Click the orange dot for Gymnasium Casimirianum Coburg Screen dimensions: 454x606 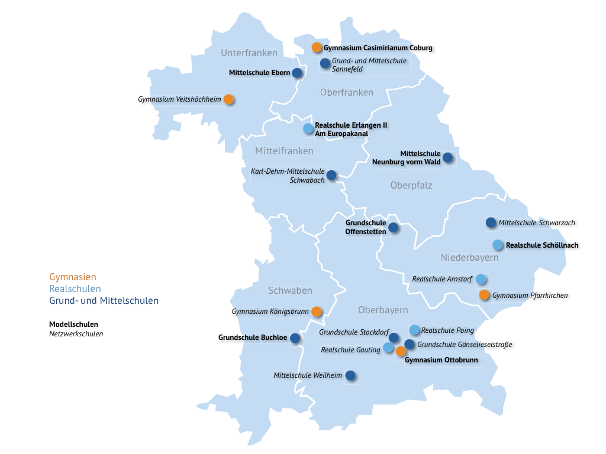tap(317, 47)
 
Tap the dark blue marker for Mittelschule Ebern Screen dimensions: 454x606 tap(296, 73)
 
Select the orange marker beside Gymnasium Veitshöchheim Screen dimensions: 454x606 tap(228, 100)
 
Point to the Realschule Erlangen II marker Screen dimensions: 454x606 tap(308, 128)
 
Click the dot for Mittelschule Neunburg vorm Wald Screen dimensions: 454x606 tap(447, 157)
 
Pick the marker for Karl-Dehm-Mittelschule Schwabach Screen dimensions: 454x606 tap(331, 175)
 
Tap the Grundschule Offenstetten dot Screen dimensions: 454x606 tap(393, 227)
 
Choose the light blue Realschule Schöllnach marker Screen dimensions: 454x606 tap(498, 245)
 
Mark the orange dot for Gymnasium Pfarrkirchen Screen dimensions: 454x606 tap(484, 295)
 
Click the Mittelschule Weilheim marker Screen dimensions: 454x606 tap(350, 375)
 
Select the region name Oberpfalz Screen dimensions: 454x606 tap(411, 186)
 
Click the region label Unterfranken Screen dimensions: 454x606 tap(249, 53)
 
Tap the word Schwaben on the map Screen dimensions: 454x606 tap(290, 290)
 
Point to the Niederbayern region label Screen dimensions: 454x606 tap(469, 258)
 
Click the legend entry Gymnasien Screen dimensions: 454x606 tap(72, 277)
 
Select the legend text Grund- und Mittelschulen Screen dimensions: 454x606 tap(104, 300)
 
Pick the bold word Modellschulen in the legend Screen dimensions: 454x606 tap(73, 325)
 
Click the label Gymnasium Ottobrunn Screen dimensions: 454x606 tap(441, 359)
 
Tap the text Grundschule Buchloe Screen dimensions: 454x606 tap(253, 338)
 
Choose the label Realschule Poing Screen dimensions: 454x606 tap(447, 330)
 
